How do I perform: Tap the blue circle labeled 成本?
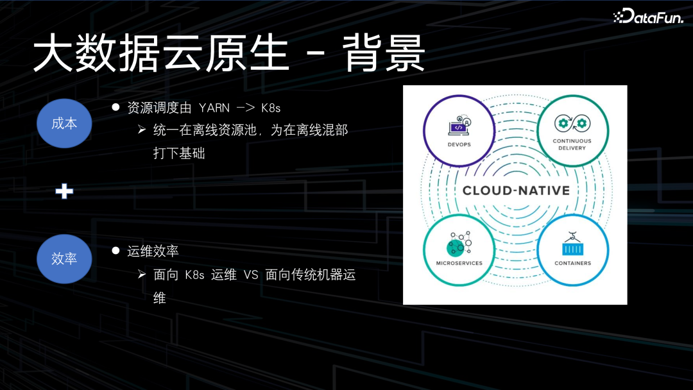64,123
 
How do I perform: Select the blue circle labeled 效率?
64,258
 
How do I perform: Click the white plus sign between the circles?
64,191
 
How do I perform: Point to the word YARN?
214,108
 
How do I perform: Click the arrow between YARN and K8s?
246,108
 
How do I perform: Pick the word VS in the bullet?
250,275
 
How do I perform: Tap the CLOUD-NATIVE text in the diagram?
516,191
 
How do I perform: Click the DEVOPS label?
458,144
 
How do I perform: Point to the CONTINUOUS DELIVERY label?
572,144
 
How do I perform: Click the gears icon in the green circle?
572,123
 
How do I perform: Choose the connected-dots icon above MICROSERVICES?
459,242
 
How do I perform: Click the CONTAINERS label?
572,263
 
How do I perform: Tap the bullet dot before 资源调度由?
116,107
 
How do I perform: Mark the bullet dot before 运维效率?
116,250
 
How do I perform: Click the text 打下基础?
179,154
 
